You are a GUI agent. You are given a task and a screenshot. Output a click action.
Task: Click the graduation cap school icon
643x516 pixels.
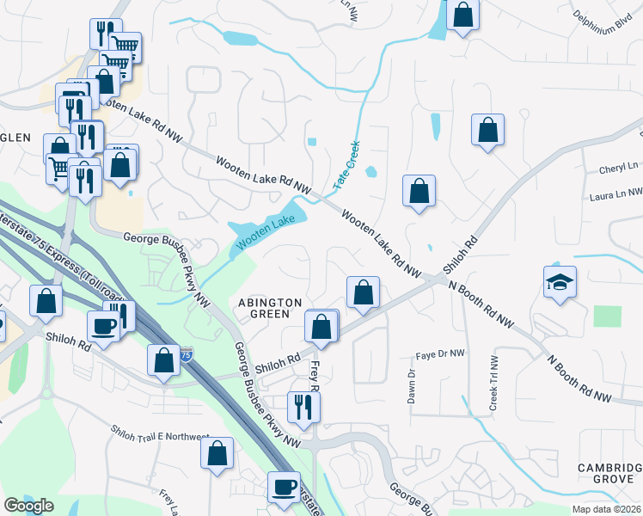(x=560, y=282)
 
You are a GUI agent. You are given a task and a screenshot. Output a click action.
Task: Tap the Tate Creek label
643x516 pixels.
(x=347, y=166)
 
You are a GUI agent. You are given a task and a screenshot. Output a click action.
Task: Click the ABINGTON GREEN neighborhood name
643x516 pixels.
(x=270, y=308)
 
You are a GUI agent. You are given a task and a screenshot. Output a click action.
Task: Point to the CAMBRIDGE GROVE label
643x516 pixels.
(x=609, y=473)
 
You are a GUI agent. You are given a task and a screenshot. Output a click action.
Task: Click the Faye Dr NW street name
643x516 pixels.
(x=440, y=354)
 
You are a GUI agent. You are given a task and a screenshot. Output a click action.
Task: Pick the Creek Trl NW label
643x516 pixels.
(x=494, y=384)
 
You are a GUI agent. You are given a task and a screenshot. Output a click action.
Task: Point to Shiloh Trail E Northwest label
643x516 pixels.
(x=160, y=433)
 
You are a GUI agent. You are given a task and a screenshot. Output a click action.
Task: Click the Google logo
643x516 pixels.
(x=28, y=506)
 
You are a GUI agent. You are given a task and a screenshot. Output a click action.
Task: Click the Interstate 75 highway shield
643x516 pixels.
(x=186, y=354)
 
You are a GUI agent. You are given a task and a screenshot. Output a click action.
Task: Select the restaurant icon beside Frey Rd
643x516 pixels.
(x=303, y=407)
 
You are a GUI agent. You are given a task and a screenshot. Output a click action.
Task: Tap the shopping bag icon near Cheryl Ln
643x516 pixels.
(x=487, y=130)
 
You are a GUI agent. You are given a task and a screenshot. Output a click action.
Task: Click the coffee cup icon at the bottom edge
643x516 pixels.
(x=284, y=487)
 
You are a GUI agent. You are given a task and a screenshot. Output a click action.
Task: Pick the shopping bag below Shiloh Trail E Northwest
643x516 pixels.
(x=217, y=453)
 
